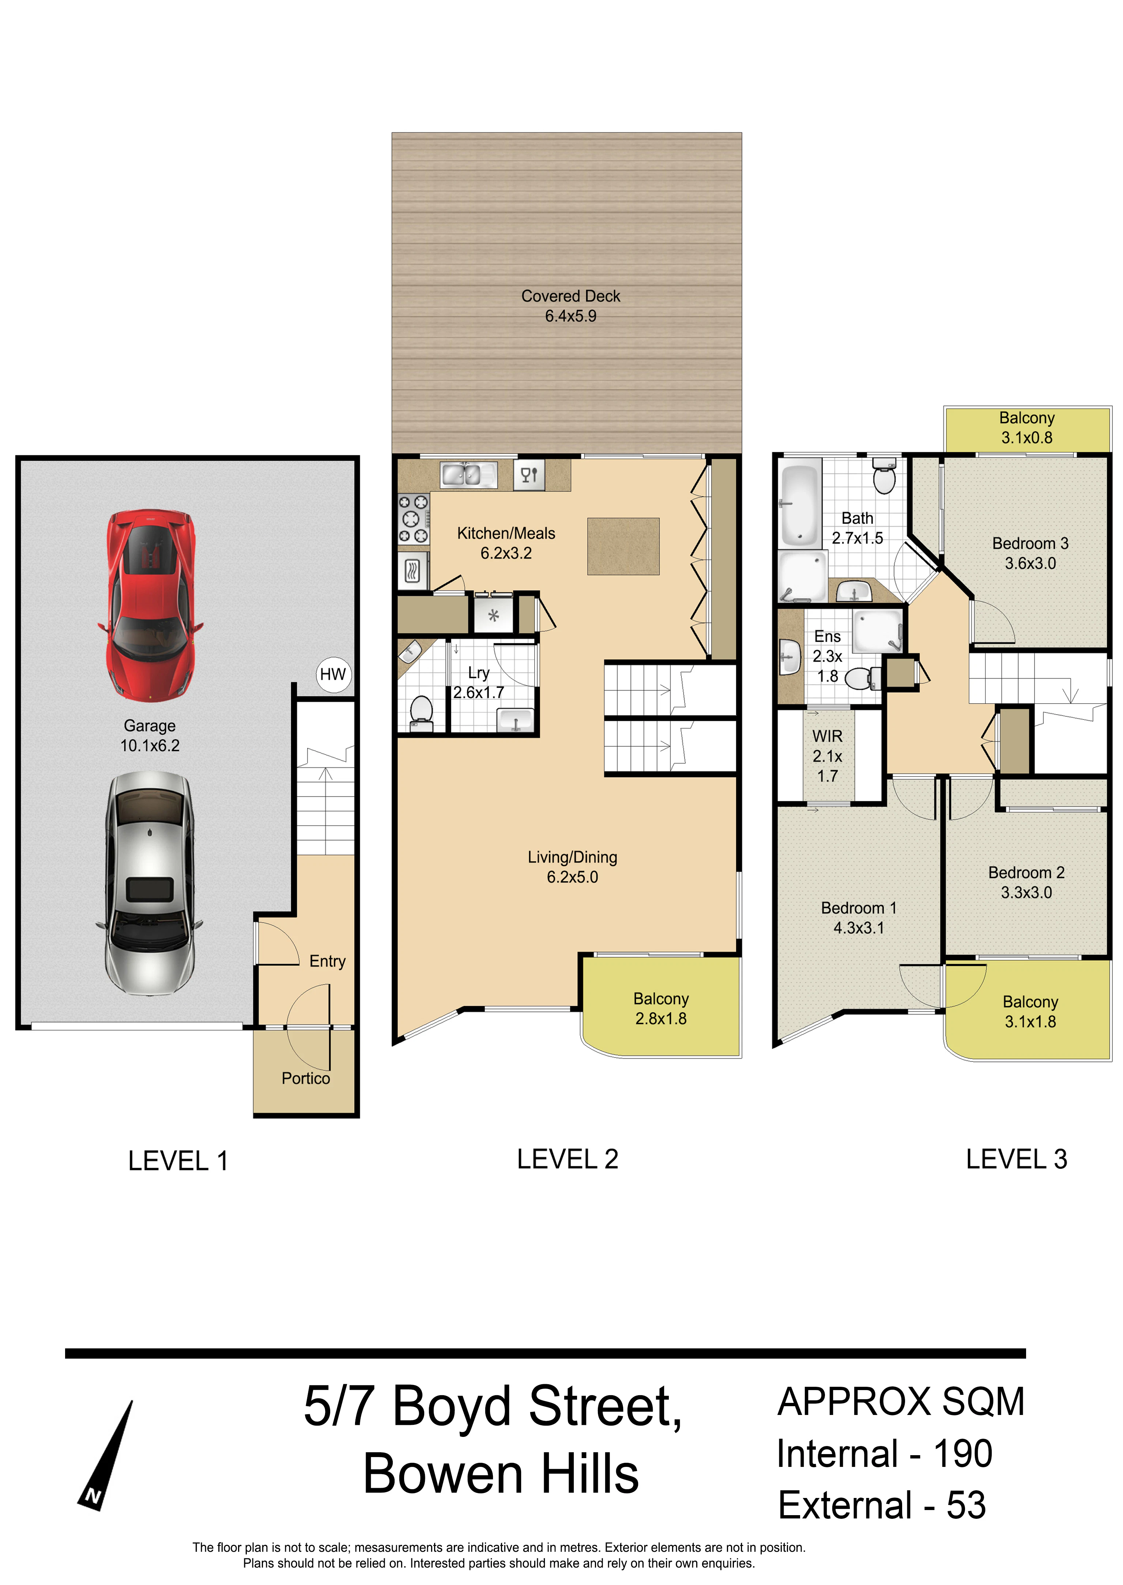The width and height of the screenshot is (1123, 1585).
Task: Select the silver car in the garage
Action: point(149,882)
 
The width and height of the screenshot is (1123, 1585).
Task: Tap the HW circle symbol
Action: point(333,674)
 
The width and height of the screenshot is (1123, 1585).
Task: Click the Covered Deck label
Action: point(570,296)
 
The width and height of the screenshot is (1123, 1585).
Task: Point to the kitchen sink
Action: point(462,475)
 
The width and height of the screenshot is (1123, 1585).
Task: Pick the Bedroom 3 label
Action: point(1030,543)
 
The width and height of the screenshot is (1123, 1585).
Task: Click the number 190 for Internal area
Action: point(963,1454)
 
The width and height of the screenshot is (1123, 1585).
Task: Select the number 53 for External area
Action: point(966,1506)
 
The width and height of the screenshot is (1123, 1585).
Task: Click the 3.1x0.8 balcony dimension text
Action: point(1027,438)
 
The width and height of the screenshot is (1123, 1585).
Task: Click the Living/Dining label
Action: point(573,858)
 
